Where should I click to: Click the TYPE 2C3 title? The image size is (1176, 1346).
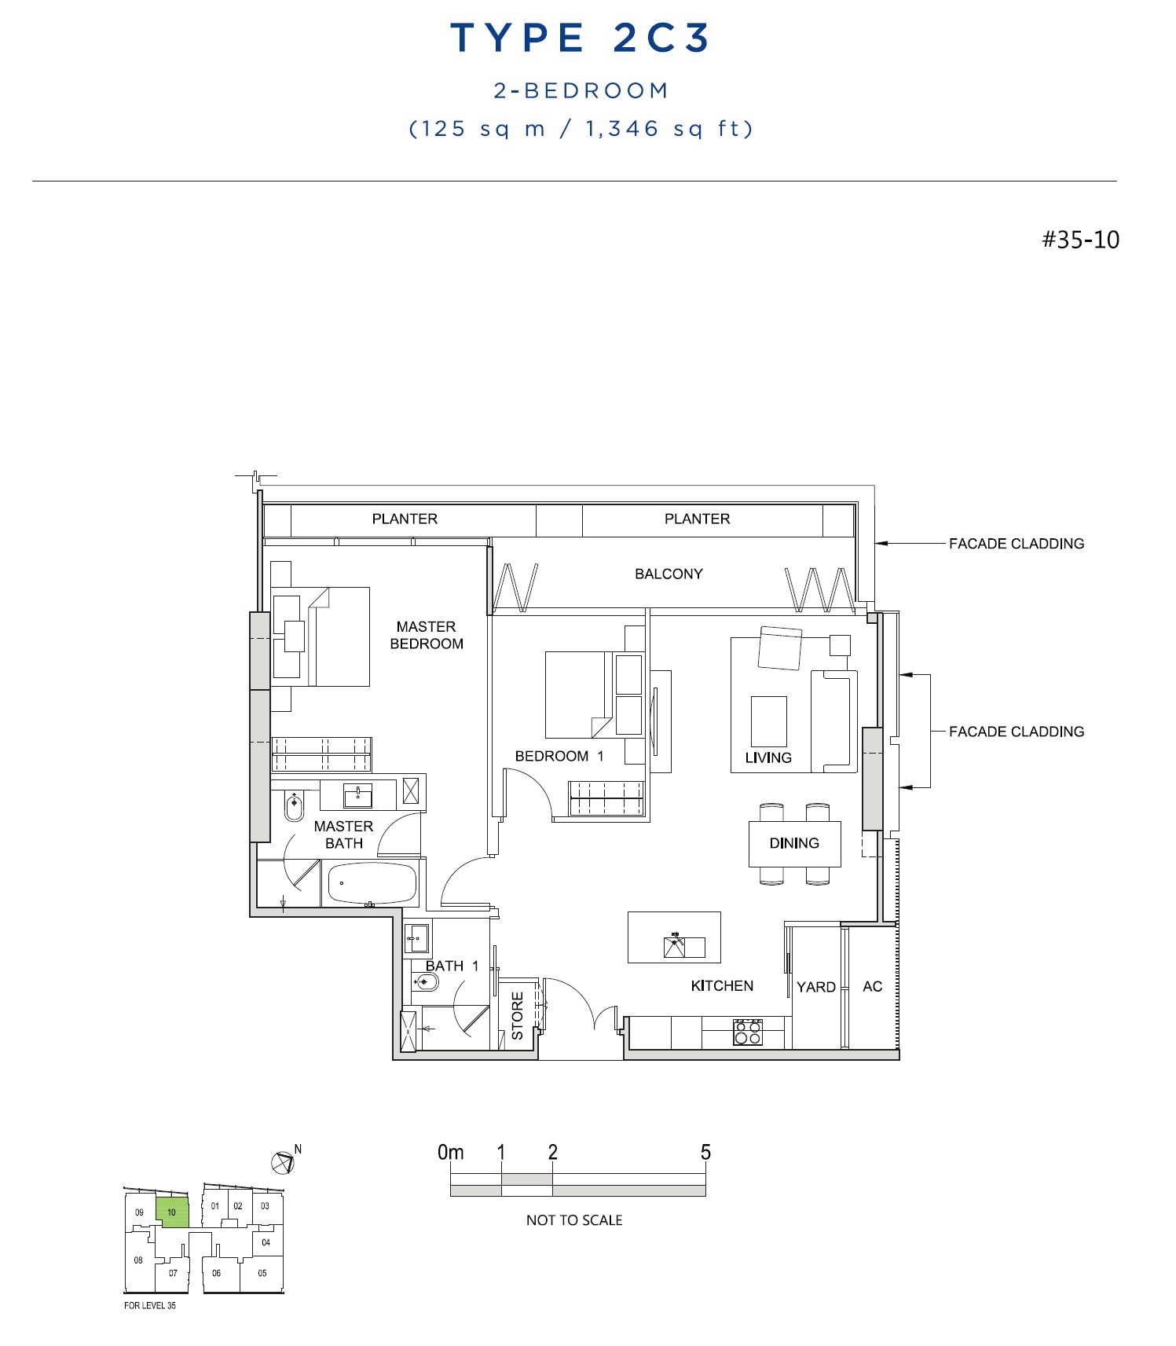click(x=580, y=38)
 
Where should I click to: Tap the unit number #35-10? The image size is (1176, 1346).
click(x=1080, y=240)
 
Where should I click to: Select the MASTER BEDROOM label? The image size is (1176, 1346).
click(x=427, y=635)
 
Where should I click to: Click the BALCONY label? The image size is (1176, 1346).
click(x=669, y=574)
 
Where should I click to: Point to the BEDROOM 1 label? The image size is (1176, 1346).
click(x=559, y=756)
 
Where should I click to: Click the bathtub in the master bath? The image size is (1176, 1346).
click(x=372, y=883)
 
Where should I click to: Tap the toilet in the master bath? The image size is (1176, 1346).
click(x=294, y=805)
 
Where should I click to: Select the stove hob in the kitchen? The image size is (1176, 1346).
click(x=747, y=1032)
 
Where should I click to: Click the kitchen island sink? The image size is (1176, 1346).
click(x=674, y=947)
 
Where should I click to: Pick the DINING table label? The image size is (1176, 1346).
click(x=794, y=843)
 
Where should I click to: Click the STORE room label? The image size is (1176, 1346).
click(x=518, y=1016)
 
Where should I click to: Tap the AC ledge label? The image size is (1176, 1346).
click(x=873, y=987)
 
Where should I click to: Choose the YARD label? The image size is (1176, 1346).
click(x=816, y=987)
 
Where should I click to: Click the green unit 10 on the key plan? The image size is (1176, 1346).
click(x=172, y=1212)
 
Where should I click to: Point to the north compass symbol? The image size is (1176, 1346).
click(x=283, y=1161)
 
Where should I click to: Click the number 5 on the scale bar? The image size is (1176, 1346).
click(x=705, y=1152)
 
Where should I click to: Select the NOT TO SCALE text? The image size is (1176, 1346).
click(x=574, y=1220)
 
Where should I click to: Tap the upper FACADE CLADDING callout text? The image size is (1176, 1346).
click(x=1017, y=544)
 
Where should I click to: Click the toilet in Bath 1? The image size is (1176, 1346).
click(x=425, y=981)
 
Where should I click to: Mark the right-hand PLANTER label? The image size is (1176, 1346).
click(x=698, y=519)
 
